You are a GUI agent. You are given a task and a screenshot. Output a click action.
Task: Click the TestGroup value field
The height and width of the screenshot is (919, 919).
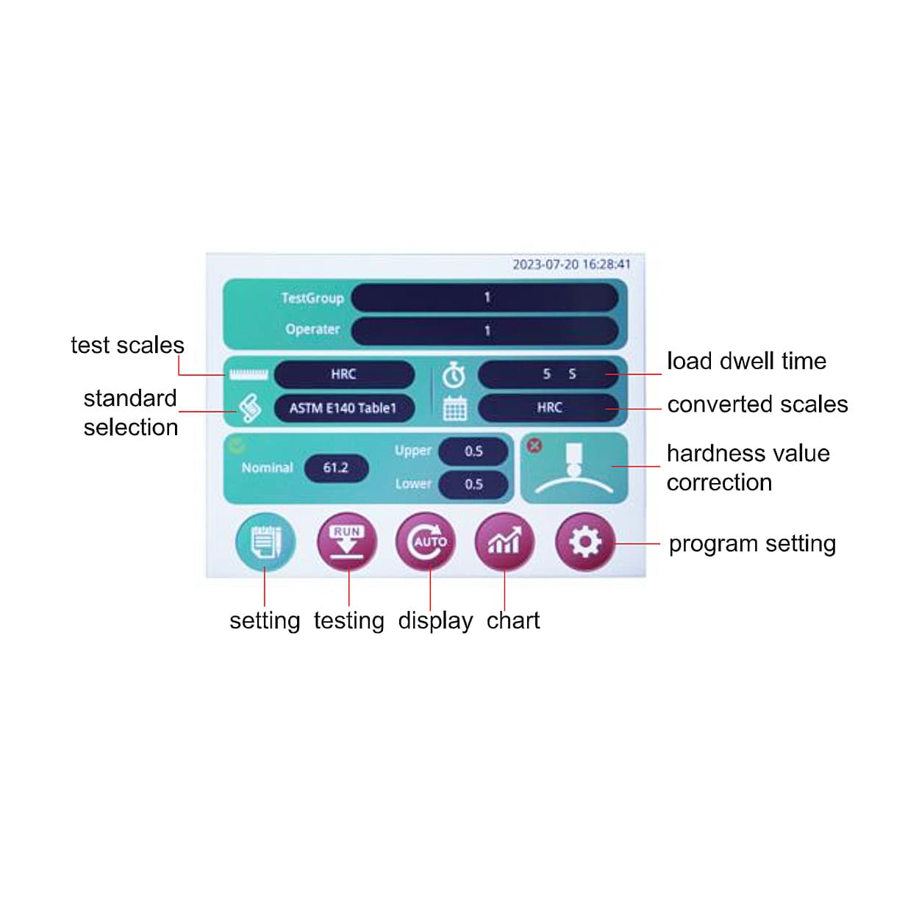pos(484,298)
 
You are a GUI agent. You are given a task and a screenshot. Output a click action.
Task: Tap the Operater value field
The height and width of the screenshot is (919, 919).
pos(484,331)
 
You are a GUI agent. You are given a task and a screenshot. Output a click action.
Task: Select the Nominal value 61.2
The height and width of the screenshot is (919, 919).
pos(336,468)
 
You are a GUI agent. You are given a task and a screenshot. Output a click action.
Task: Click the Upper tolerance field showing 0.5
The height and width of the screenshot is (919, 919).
pos(473,451)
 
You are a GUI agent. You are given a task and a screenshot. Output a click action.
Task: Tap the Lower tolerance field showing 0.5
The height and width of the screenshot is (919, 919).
pos(473,484)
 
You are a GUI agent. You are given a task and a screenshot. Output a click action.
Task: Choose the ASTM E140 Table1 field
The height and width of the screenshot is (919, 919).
pos(344,408)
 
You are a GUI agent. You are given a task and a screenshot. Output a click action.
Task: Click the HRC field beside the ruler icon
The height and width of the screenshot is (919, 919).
pos(344,374)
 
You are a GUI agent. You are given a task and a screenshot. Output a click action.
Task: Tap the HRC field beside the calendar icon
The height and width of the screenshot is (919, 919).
pos(548,408)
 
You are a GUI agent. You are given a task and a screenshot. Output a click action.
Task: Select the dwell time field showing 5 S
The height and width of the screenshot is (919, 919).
pos(548,374)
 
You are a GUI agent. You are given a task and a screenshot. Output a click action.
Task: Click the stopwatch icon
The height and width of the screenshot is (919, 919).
pos(454,376)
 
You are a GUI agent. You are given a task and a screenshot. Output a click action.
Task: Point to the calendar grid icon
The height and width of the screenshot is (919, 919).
pos(455,409)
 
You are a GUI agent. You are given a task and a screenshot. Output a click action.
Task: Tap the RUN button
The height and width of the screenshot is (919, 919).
pos(347,542)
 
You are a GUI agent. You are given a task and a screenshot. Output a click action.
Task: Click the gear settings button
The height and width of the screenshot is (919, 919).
pos(585,542)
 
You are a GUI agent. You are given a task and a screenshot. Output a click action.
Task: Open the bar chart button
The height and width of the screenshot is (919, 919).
pos(504,542)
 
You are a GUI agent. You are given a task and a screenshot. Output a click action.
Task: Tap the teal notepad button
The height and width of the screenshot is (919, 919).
pos(265,542)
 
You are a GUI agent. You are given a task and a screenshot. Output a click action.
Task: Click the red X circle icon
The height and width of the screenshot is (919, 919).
pos(534,446)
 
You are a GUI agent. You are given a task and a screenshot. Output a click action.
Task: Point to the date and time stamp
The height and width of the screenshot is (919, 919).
pos(571,265)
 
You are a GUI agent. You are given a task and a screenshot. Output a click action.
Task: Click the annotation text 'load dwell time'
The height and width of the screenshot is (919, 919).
pos(746,361)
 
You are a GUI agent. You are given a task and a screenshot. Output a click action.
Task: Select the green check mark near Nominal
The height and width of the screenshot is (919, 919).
pos(237,446)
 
